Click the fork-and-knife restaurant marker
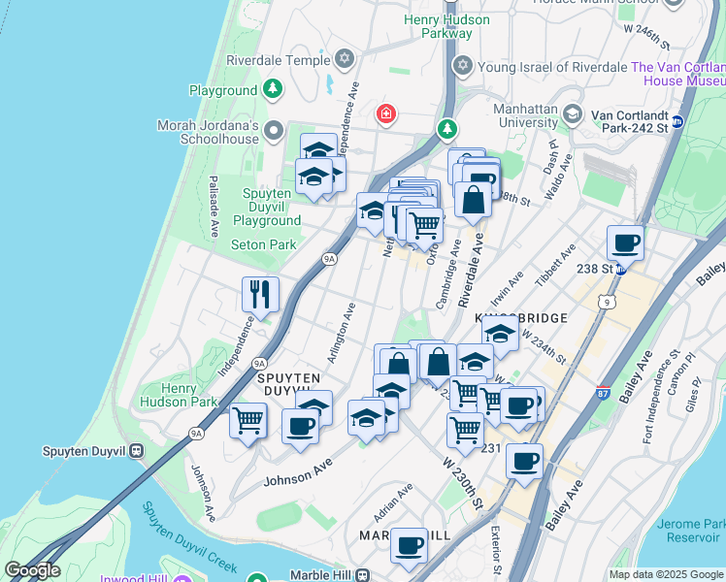tap(260, 294)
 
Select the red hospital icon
tap(386, 114)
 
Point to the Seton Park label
tap(263, 244)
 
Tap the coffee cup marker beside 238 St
tap(626, 242)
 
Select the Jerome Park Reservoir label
tap(689, 531)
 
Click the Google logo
tap(32, 570)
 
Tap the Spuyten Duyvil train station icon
tap(137, 450)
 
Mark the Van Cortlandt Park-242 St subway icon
tap(677, 121)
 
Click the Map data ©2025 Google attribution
tap(665, 574)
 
